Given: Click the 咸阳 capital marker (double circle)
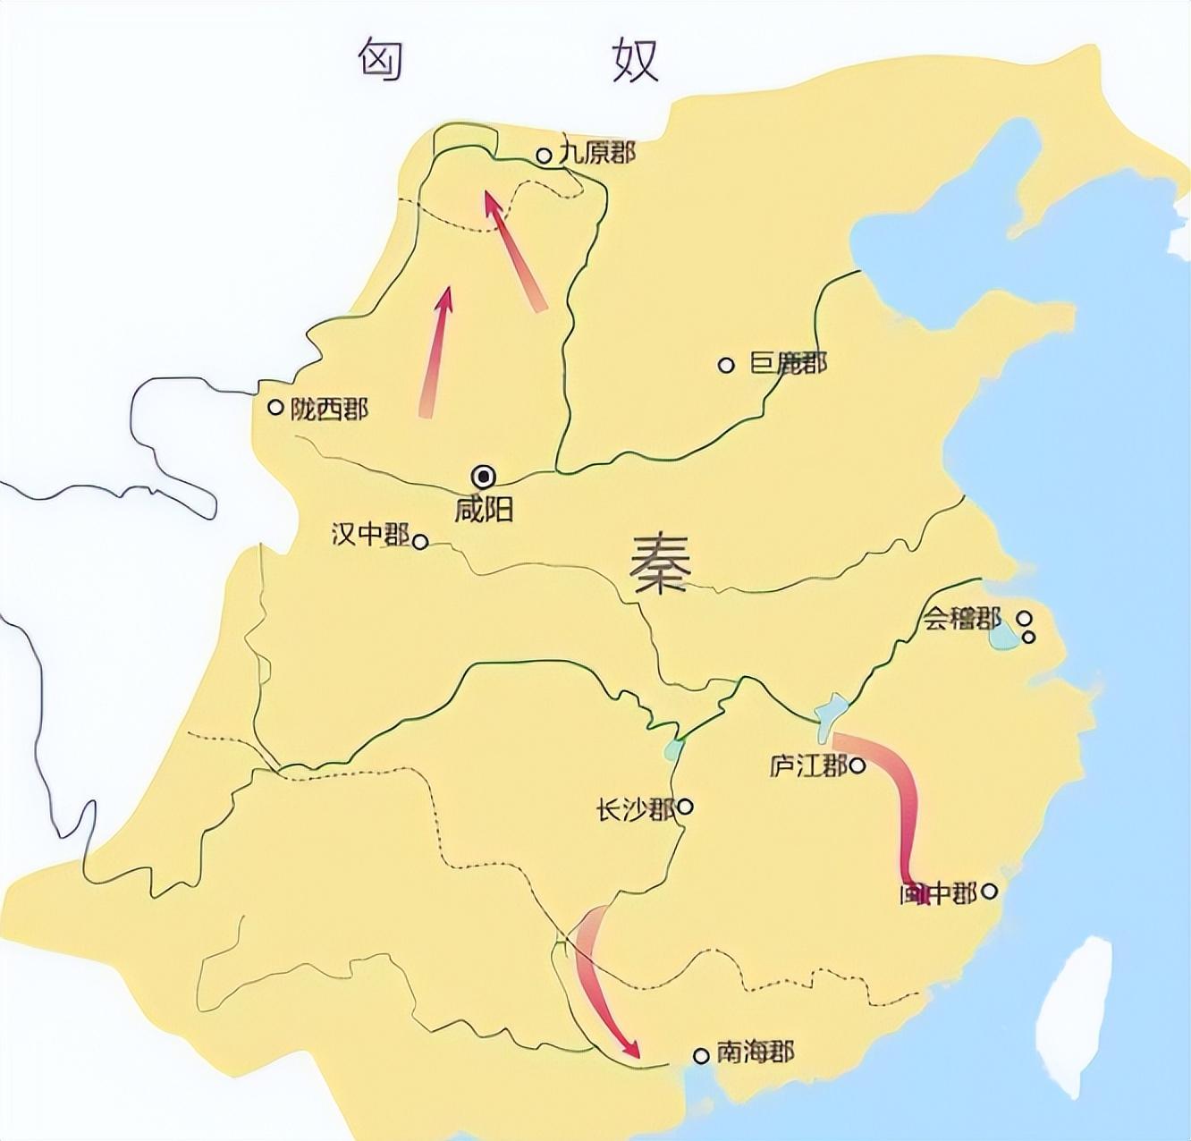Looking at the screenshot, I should tap(485, 476).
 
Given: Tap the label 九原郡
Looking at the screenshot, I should tap(596, 153).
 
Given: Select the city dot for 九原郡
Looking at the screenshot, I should tap(543, 156).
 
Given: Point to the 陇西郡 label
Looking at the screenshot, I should tap(329, 409).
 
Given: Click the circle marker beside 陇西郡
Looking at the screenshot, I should tap(275, 407).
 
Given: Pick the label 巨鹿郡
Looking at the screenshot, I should tap(788, 363).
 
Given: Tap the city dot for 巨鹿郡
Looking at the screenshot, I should tap(726, 365).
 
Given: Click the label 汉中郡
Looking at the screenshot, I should tap(370, 536).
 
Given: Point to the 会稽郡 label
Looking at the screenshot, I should tap(962, 619).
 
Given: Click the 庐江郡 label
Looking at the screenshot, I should tap(807, 766).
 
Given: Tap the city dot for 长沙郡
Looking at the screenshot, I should tap(685, 807).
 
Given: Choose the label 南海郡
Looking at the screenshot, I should tap(755, 1052).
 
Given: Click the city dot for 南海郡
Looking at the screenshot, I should tap(701, 1056).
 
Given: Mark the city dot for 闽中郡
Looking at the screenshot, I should tap(989, 891).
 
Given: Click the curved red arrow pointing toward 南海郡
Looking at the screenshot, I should tap(597, 984).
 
